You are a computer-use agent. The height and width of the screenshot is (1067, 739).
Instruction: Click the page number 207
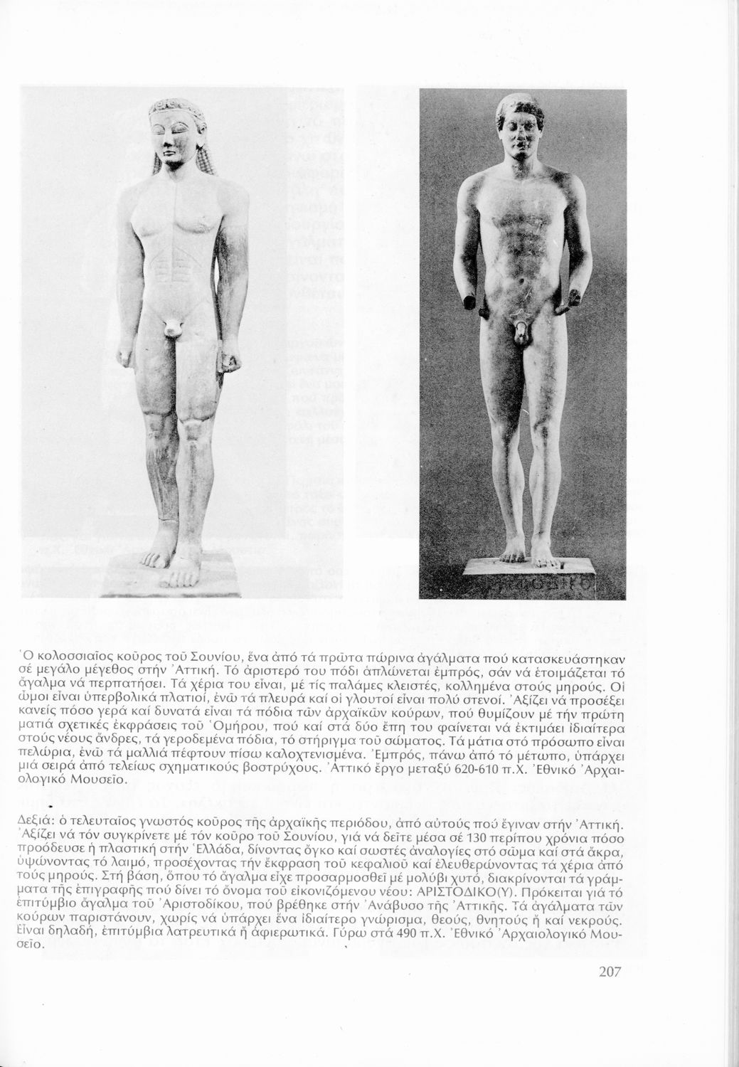(x=606, y=971)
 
